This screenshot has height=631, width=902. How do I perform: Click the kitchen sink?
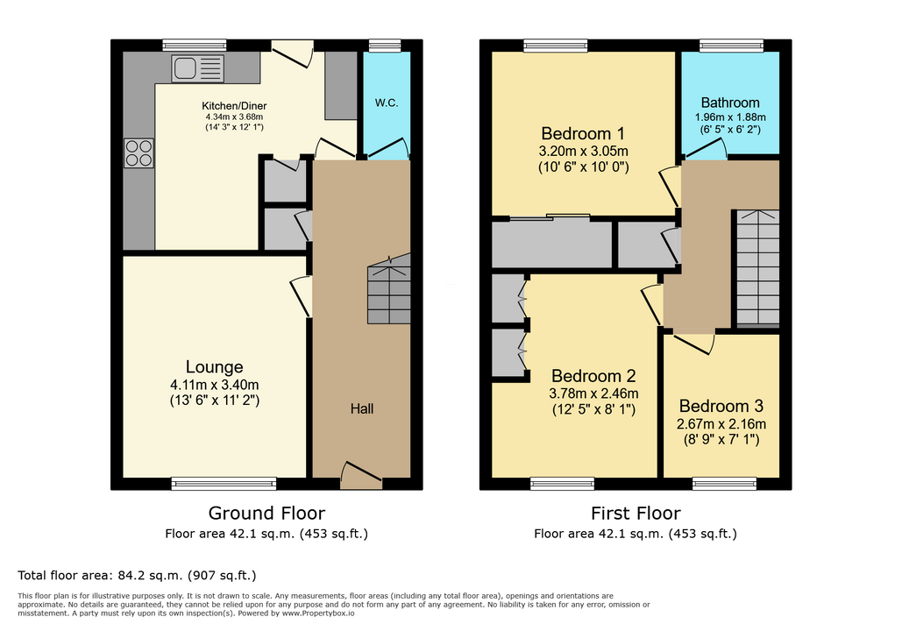pos(197,68)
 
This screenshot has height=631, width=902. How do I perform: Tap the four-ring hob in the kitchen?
pos(138,153)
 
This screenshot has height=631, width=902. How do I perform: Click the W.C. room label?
pos(387,103)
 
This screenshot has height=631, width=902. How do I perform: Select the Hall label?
pos(362,408)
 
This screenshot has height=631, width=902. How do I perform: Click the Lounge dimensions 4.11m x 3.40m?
pos(215,385)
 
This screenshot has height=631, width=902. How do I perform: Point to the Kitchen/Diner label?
pos(234,106)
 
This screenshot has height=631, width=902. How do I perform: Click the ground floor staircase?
pos(389,288)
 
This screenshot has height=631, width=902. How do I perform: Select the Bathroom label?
pos(730,103)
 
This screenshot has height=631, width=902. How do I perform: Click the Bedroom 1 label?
pos(583,133)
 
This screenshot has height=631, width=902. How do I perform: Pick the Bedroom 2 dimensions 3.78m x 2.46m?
pos(593,394)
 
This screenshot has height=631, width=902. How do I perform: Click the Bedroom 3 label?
pos(721,406)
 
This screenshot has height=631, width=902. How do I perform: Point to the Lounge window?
pos(224,484)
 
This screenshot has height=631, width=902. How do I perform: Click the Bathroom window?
pos(731,46)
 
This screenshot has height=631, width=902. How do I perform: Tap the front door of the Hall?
pos(361,476)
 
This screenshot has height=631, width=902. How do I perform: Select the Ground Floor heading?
pos(266,513)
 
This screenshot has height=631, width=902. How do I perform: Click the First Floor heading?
pos(636,513)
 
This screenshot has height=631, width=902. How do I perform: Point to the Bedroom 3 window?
pos(725,484)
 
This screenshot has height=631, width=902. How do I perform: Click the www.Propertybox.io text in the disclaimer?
pos(318,613)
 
